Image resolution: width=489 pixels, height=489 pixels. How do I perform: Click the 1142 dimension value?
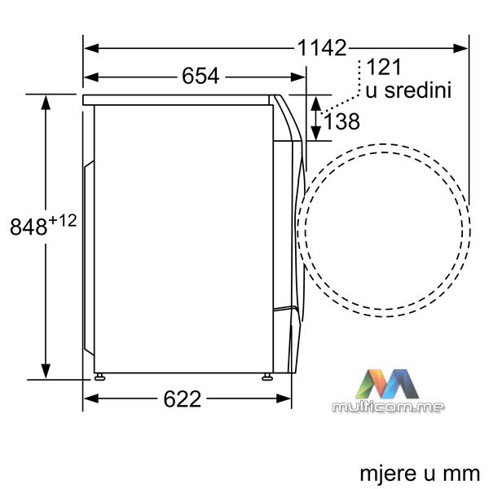pos(322,48)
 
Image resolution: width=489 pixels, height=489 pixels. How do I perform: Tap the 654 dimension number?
pos(200,76)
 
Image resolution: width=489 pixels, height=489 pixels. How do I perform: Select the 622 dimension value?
pos(183,399)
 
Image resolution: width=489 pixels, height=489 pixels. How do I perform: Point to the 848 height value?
pos(29,227)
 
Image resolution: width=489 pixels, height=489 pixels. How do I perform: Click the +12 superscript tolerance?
pos(63,221)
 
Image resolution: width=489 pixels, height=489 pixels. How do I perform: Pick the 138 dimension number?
pos(342,121)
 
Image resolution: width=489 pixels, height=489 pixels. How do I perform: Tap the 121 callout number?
pos(384,67)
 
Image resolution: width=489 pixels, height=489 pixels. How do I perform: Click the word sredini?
pos(418,90)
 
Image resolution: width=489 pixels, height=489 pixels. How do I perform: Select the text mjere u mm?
pos(420,474)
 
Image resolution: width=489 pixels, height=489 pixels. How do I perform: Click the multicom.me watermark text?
pos(388,407)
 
